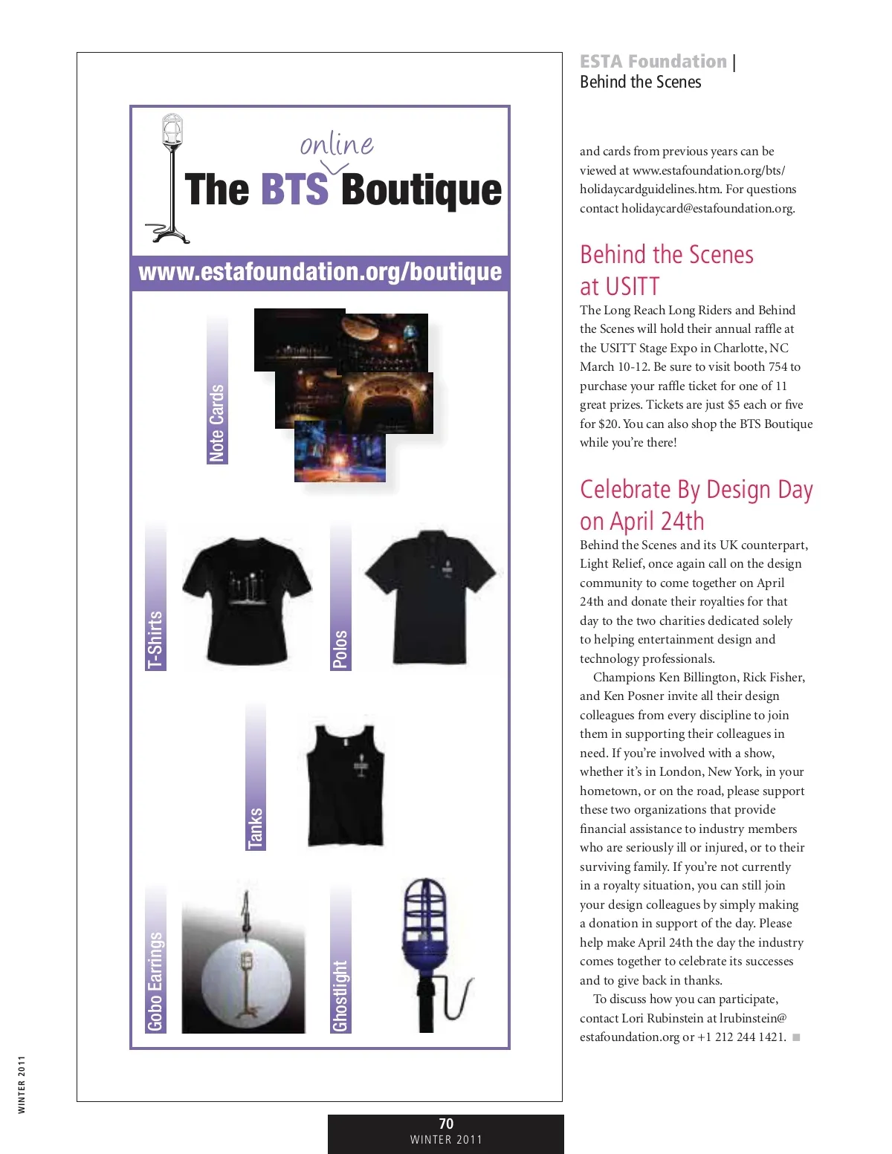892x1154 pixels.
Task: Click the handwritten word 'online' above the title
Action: (x=337, y=143)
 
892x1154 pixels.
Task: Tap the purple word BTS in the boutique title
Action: (x=294, y=189)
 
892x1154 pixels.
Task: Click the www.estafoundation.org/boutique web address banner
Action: (x=320, y=272)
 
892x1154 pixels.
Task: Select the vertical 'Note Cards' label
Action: (x=217, y=422)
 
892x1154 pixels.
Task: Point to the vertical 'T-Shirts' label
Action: (x=155, y=639)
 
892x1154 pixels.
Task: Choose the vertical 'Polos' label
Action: (x=340, y=648)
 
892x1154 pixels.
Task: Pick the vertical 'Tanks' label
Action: (x=256, y=827)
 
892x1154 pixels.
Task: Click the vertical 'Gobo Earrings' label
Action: (x=155, y=981)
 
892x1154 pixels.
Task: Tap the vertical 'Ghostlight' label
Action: (x=340, y=996)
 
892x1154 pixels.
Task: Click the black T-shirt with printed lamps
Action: (x=247, y=598)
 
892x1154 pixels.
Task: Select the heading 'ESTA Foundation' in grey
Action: (x=653, y=62)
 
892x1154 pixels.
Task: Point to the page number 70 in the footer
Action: (x=446, y=1124)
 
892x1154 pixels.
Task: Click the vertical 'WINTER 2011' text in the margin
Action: (x=22, y=1084)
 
